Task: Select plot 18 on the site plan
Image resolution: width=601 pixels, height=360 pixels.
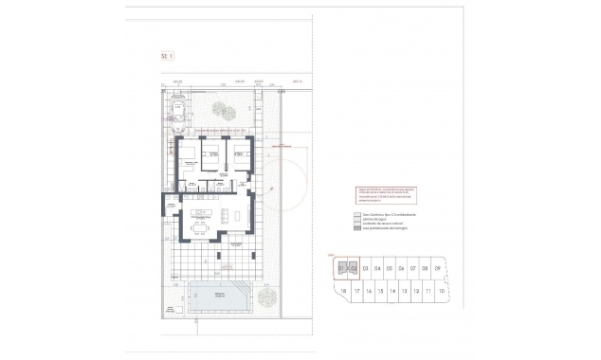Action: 342,291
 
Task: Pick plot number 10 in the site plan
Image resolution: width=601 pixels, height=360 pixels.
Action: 442,291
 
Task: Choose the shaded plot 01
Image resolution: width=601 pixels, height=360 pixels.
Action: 341,269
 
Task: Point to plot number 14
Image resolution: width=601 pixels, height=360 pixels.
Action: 392,291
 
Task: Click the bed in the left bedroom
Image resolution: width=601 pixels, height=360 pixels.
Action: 187,153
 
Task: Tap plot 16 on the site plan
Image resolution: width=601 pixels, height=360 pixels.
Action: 367,291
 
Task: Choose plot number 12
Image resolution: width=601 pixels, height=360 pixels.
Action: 416,291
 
